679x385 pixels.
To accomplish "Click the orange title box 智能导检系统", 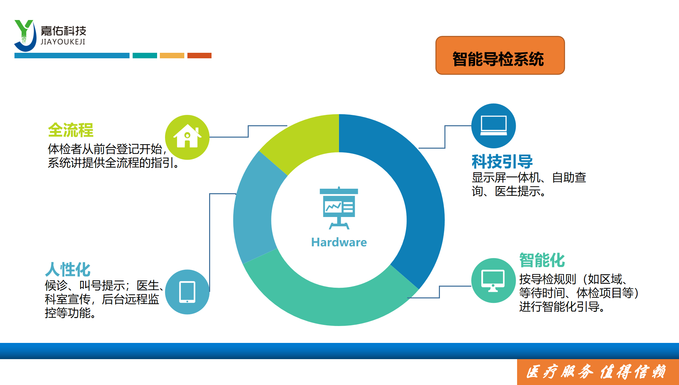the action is [x=500, y=55].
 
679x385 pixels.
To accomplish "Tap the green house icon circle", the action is [x=187, y=137].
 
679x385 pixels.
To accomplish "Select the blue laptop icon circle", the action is [x=493, y=126].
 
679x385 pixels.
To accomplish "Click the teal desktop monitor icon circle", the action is [x=493, y=280].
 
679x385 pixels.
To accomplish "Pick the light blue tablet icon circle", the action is [x=187, y=292].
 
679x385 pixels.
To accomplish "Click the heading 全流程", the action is [x=71, y=130].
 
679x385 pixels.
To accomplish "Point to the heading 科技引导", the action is [x=502, y=161].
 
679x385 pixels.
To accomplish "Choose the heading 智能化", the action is [x=542, y=260].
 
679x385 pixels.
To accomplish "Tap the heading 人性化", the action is [x=68, y=269].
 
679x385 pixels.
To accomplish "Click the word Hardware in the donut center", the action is [x=339, y=242].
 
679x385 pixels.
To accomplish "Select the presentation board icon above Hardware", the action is [x=339, y=208].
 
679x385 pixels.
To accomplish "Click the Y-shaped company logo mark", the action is [x=25, y=36].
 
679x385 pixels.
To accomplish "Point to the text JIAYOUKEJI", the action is [x=63, y=42].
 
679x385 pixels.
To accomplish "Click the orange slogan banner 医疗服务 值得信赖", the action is [x=598, y=372].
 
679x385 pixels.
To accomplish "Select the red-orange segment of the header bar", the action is [x=199, y=56].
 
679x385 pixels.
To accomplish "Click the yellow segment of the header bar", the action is [x=172, y=56].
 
